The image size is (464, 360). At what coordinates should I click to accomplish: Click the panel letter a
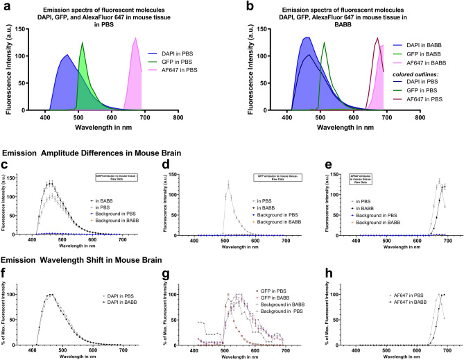[x=5, y=6]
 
